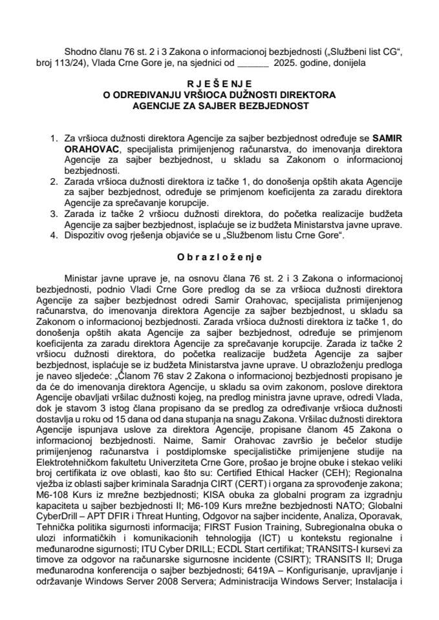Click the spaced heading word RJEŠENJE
point(219,83)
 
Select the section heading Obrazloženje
point(219,256)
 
